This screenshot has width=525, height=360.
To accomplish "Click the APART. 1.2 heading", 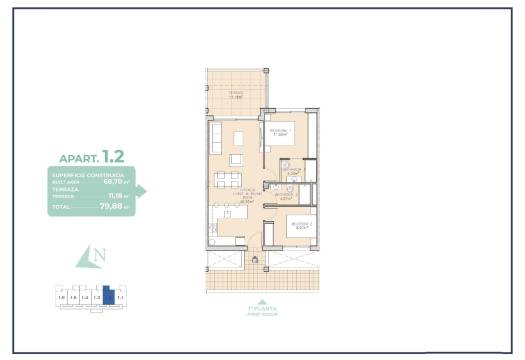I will [91, 157].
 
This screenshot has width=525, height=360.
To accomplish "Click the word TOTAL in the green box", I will [62, 208].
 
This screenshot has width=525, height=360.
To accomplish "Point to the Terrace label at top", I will [236, 95].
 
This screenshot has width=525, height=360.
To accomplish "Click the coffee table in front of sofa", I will [237, 139].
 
